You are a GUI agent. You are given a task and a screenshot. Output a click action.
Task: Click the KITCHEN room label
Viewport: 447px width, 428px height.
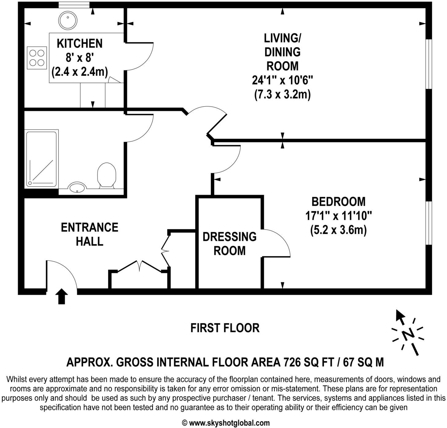pyautogui.click(x=80, y=43)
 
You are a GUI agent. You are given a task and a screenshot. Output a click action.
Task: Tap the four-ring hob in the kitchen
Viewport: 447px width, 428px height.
pyautogui.click(x=37, y=58)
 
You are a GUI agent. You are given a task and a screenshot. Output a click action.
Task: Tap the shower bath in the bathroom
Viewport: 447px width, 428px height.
pyautogui.click(x=41, y=159)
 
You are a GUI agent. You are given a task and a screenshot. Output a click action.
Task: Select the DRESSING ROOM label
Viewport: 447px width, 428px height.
pyautogui.click(x=229, y=244)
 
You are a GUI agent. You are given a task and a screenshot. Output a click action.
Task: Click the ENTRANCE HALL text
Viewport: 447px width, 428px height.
pyautogui.click(x=89, y=234)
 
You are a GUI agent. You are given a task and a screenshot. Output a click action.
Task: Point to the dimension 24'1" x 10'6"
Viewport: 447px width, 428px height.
pyautogui.click(x=282, y=80)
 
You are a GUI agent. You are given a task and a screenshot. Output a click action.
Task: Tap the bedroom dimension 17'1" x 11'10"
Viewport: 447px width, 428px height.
pyautogui.click(x=338, y=216)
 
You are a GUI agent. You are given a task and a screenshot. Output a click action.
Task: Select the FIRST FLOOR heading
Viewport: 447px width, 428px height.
pyautogui.click(x=225, y=328)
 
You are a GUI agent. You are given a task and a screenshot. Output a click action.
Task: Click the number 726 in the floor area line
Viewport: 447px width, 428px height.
pyautogui.click(x=292, y=362)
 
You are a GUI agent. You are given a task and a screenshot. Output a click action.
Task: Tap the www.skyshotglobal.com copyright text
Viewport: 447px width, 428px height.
pyautogui.click(x=226, y=423)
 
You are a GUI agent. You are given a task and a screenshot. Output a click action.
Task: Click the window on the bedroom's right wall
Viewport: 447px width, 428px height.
pyautogui.click(x=429, y=223)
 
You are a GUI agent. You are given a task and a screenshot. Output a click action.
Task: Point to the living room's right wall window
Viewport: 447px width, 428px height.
pyautogui.click(x=429, y=64)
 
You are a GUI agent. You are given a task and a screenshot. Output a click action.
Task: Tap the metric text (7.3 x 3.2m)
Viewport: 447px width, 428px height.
pyautogui.click(x=282, y=94)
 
